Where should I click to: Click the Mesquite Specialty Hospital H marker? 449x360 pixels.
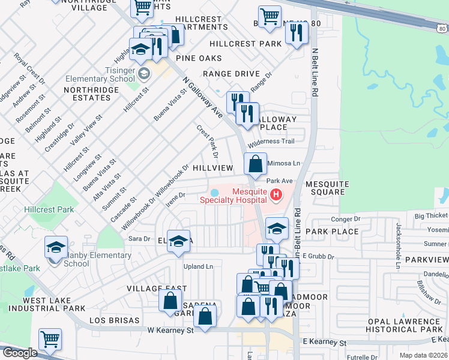pyautogui.click(x=276, y=194)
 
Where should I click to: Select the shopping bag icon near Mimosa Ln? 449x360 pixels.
pyautogui.click(x=255, y=163)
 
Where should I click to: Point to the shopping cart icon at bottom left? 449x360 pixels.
pyautogui.click(x=50, y=339)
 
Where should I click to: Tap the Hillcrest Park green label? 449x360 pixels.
pyautogui.click(x=49, y=209)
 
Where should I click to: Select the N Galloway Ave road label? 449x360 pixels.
pyautogui.click(x=203, y=97)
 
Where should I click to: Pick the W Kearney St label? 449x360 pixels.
pyautogui.click(x=170, y=330)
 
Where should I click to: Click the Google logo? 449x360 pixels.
pyautogui.click(x=20, y=353)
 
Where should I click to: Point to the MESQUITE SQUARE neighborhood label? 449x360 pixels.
pyautogui.click(x=325, y=188)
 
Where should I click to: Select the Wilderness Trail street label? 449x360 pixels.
pyautogui.click(x=271, y=142)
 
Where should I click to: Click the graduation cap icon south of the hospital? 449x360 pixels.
pyautogui.click(x=276, y=228)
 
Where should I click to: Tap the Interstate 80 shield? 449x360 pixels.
pyautogui.click(x=442, y=28)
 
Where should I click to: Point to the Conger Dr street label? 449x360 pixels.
pyautogui.click(x=345, y=220)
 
